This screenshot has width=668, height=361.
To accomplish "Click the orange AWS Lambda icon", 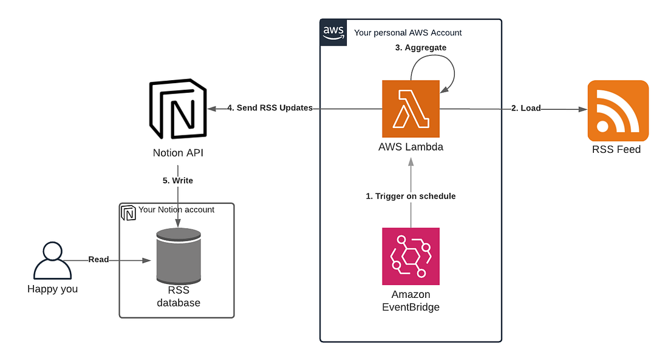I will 411,109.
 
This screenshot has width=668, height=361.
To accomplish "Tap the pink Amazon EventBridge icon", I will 411,256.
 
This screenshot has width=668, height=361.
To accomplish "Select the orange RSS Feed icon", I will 618,110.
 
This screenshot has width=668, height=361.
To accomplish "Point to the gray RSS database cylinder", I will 178,256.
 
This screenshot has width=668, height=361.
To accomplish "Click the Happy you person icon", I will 52,260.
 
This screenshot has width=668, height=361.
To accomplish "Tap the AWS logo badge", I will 332,32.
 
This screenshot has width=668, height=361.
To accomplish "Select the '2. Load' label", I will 526,108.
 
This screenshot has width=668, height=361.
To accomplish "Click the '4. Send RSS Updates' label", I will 270,108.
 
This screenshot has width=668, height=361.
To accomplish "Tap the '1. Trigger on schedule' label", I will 411,196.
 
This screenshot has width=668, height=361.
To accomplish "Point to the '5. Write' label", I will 177,181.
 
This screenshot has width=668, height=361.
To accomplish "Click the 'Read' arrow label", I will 98,259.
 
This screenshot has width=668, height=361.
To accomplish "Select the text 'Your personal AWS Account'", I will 407,33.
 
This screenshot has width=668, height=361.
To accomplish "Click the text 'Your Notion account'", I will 176,210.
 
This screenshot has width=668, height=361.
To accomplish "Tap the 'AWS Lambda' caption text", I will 411,146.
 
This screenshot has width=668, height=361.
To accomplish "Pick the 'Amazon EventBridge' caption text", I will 411,300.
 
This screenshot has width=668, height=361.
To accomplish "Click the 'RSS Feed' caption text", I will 616,149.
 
